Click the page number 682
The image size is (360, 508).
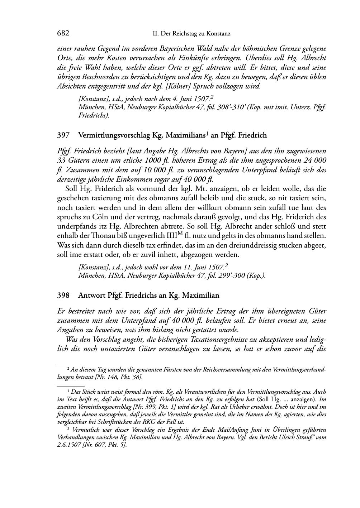pos(63,34)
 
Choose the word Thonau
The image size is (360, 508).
pos(96,236)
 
